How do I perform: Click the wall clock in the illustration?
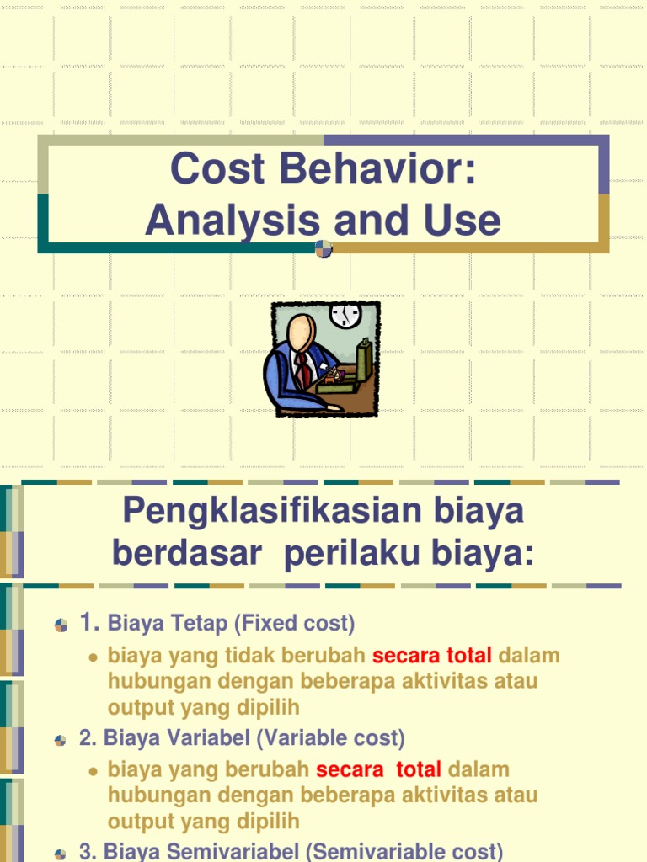pyautogui.click(x=345, y=314)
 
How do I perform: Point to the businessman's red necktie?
pyautogui.click(x=301, y=371)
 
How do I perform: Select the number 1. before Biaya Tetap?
pyautogui.click(x=90, y=623)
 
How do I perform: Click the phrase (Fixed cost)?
pyautogui.click(x=294, y=624)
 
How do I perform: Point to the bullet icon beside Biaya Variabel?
pyautogui.click(x=61, y=740)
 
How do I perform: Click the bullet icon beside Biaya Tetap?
pyautogui.click(x=61, y=625)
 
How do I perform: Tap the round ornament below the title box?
pyautogui.click(x=323, y=248)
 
